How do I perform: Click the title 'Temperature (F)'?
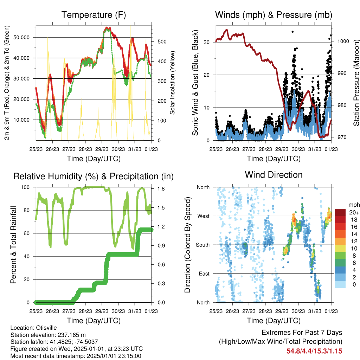coord(94,15)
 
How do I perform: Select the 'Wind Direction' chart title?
coord(274,175)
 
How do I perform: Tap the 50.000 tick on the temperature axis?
coord(21,37)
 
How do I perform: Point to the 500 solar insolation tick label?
coord(162,41)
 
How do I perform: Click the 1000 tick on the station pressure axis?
coord(343,41)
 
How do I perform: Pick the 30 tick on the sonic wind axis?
coord(207,42)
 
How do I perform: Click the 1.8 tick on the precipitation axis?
coord(161,189)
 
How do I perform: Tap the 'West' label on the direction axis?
coord(204,216)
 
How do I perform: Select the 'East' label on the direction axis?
coord(204,274)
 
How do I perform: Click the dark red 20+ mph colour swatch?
coord(340,212)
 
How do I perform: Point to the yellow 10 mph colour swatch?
coord(340,249)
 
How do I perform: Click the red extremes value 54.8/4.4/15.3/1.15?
coord(314,351)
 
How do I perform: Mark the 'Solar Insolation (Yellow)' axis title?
coord(172,83)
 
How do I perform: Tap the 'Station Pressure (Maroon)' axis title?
coord(356,83)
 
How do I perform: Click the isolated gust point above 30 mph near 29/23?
coord(292,32)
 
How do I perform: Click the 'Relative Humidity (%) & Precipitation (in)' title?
coord(94,176)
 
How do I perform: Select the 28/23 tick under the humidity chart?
coord(85,311)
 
